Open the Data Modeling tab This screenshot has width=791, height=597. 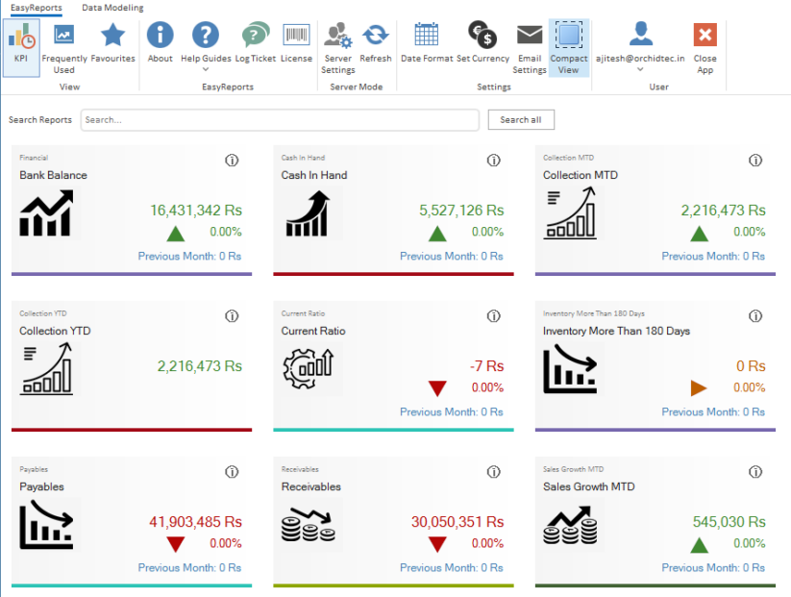point(112,8)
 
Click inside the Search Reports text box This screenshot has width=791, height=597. point(279,120)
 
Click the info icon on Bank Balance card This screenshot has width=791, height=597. point(232,161)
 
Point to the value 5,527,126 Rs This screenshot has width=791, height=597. point(461,211)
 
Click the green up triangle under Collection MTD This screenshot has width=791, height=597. point(699,233)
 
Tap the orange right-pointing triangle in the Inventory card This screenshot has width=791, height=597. point(699,388)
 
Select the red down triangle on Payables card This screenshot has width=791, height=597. point(175,544)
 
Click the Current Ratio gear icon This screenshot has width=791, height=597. point(308,367)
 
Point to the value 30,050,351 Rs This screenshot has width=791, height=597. point(457,522)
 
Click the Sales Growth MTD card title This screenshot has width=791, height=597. point(588,486)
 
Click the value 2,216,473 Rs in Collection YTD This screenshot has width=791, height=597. point(199,366)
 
